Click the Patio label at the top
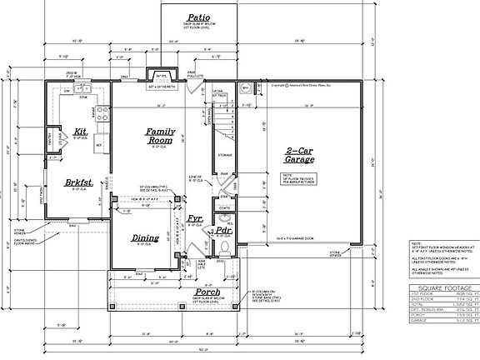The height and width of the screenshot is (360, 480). [197, 17]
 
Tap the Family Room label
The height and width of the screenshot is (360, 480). [162, 137]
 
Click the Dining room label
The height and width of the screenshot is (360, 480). [146, 238]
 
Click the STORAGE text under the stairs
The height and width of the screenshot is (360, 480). [224, 155]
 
